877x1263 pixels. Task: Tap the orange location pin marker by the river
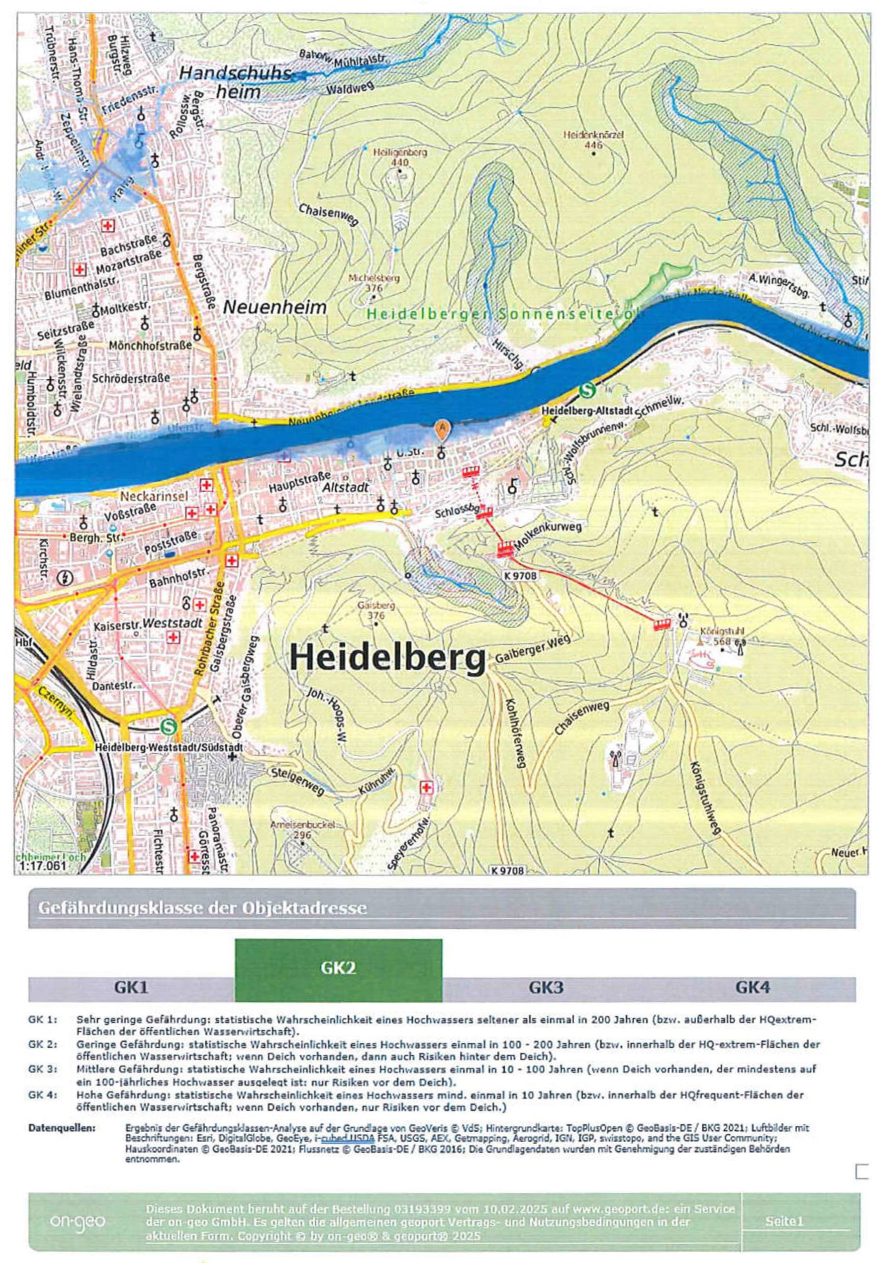(x=441, y=428)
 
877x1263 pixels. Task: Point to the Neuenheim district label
(x=274, y=307)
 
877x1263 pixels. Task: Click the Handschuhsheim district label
(x=236, y=82)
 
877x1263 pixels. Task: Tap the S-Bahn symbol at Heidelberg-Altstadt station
(x=587, y=391)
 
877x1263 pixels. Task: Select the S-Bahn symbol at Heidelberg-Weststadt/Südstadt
(x=169, y=727)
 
